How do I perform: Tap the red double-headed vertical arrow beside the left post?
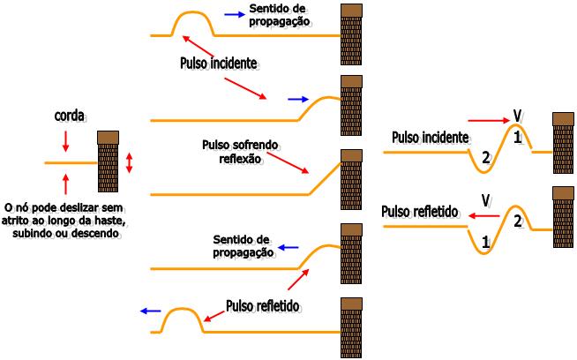point(130,162)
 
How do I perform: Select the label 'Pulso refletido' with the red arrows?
point(263,306)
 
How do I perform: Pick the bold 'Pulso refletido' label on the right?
point(421,212)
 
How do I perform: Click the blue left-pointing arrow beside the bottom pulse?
point(151,311)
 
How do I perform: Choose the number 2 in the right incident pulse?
point(484,158)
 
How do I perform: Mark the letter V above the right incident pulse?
point(518,115)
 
